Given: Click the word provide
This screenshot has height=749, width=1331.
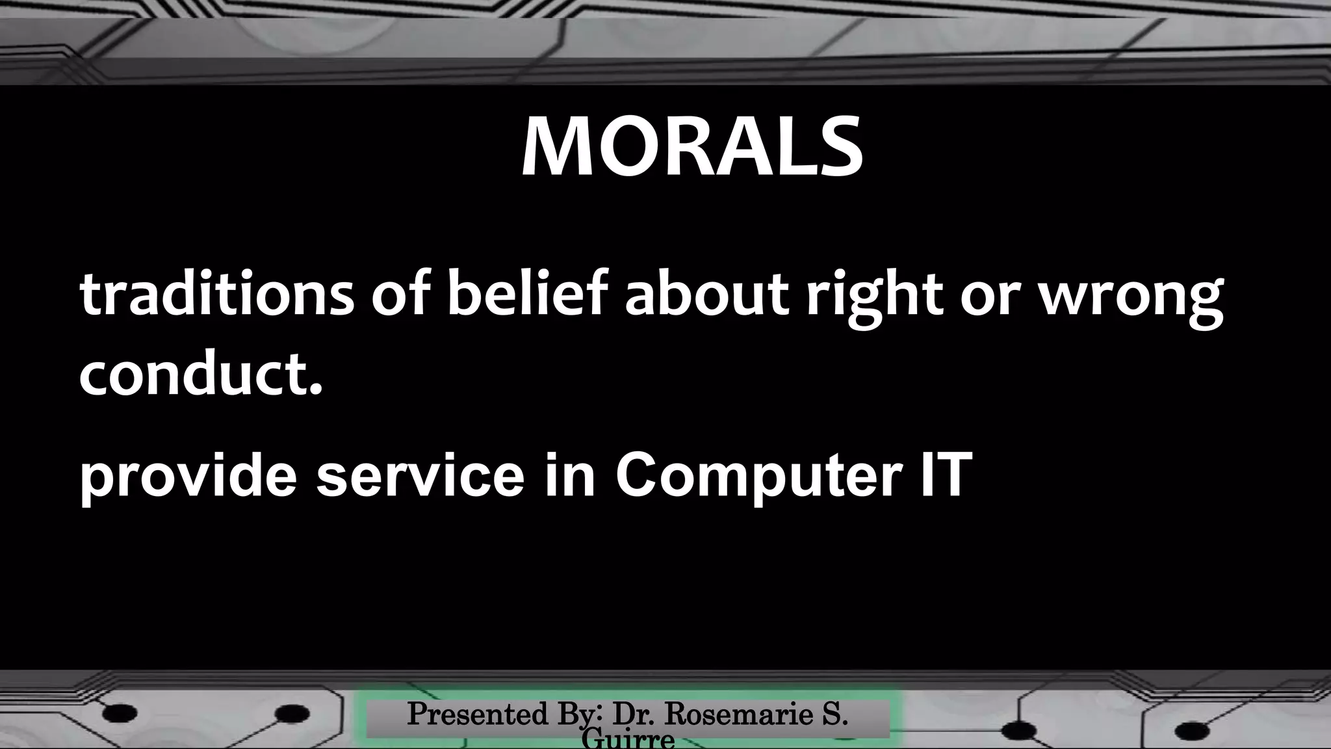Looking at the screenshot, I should [x=188, y=476].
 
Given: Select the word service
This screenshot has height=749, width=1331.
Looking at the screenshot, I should [x=420, y=476].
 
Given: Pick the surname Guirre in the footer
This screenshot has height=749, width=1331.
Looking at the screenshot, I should [x=628, y=740].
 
